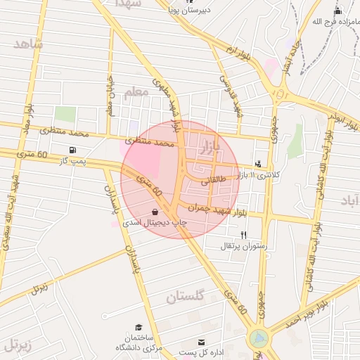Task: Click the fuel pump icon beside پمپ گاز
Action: pos(72,150)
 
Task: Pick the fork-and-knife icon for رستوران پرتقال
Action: pos(243,235)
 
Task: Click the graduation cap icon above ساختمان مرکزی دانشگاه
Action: pos(139,328)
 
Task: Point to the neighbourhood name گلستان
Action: pos(185,297)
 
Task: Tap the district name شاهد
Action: pos(28,44)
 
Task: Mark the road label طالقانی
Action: pos(214,181)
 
